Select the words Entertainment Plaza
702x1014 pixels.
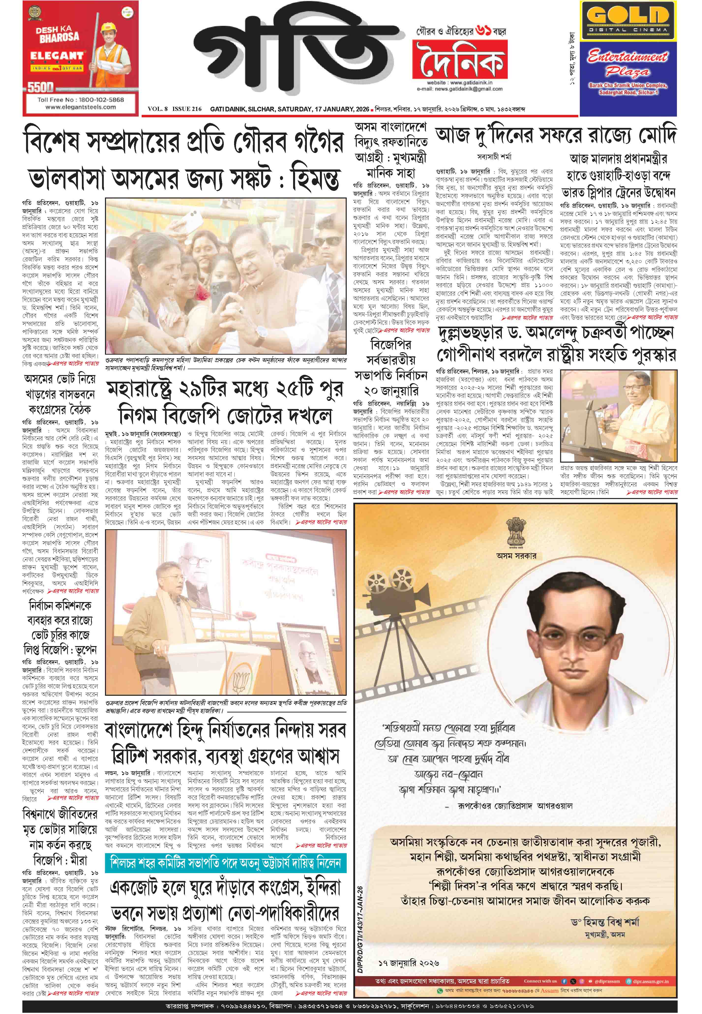point(628,64)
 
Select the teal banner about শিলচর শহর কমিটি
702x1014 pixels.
point(226,863)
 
